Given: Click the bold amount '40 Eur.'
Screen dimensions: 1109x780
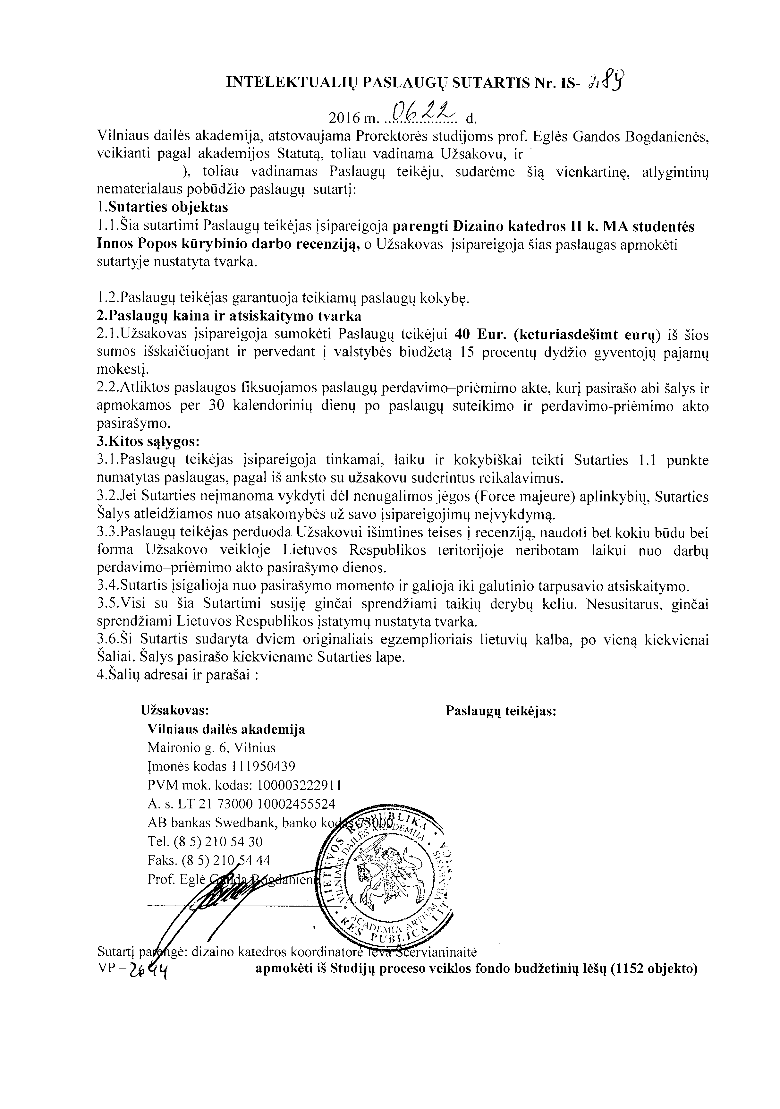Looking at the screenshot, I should (x=479, y=334).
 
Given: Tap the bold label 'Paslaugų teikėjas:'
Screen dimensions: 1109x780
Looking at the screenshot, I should (x=501, y=712).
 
